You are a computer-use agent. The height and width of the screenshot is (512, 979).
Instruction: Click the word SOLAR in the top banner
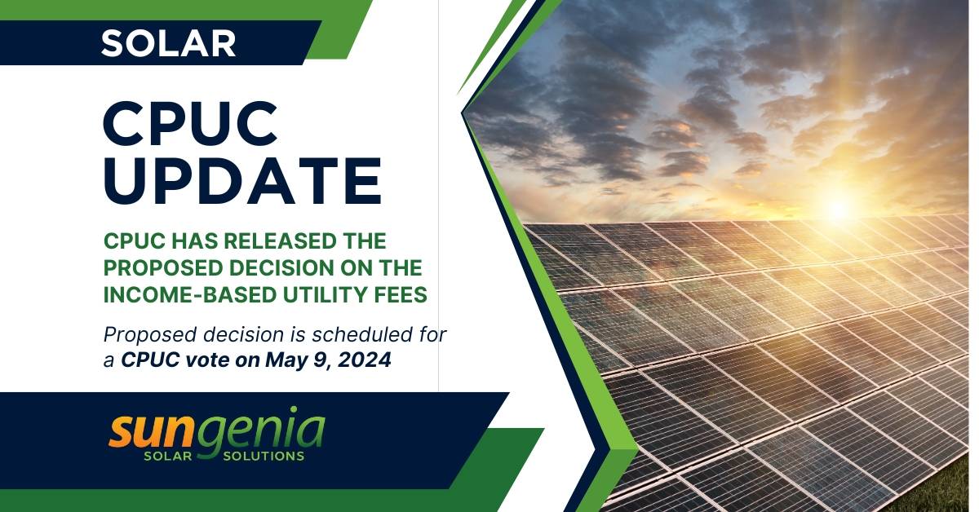tap(168, 42)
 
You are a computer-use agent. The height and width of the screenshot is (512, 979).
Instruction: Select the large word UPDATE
tap(242, 182)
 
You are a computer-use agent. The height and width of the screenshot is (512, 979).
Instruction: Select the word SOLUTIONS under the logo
tap(264, 456)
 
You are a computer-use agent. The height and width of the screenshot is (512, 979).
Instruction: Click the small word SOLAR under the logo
tap(168, 456)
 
